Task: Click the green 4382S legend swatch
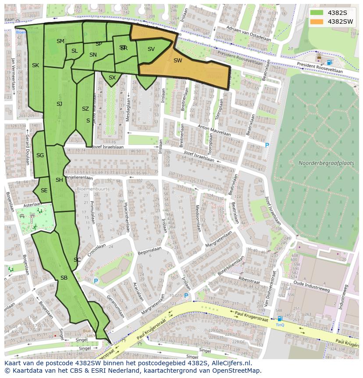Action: coord(317,13)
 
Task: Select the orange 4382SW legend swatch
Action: coord(317,22)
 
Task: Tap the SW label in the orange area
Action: coord(178,61)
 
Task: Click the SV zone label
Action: coord(151,49)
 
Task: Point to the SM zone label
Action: coord(60,41)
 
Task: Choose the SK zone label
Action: coord(36,65)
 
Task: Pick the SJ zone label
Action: coord(59,104)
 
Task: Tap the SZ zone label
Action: coord(85,109)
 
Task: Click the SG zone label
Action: coord(40,155)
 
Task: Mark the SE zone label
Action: coord(44,191)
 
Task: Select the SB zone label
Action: coord(64,278)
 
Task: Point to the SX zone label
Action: coord(112,78)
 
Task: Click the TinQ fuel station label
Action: coord(280,325)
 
